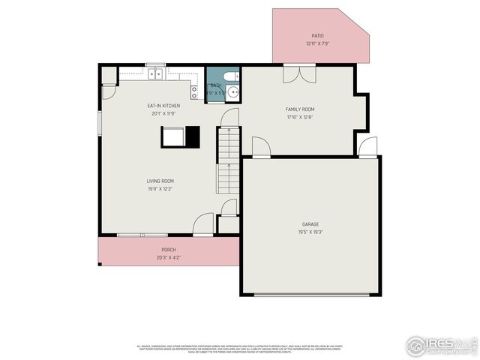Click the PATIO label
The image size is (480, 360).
coord(318,35)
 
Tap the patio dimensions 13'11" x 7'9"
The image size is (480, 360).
coord(318,43)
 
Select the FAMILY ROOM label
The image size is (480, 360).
coord(300,109)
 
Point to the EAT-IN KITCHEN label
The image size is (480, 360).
coord(163,106)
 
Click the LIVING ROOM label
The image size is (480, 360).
coord(160,181)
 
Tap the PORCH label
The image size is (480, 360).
coord(169,250)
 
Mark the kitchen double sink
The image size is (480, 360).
coord(156,73)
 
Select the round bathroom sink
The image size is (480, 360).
coord(232,92)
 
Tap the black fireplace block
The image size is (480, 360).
coord(193,136)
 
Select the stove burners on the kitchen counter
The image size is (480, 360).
coord(194,92)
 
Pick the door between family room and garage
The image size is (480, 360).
coord(260,148)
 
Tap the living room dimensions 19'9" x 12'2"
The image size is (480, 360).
coord(160,189)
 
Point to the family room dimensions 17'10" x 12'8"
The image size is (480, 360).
coord(300,117)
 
